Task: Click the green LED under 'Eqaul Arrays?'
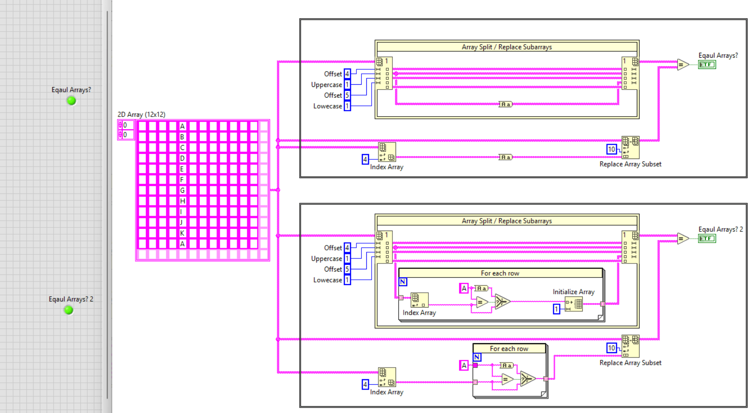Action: (x=71, y=101)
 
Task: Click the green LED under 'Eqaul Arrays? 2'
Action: (x=68, y=310)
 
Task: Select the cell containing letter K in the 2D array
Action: (x=182, y=233)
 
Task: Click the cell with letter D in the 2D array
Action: (x=182, y=158)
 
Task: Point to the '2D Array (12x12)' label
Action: (x=141, y=114)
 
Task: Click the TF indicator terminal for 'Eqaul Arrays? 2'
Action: (x=707, y=239)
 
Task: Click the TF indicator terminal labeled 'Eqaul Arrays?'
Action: (x=707, y=65)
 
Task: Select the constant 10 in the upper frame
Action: (x=611, y=149)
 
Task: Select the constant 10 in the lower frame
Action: (x=611, y=348)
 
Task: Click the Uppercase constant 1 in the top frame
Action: (x=347, y=85)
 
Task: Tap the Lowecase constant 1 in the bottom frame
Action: (x=347, y=280)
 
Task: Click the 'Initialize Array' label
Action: (x=573, y=292)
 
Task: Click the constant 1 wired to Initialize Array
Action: (x=556, y=309)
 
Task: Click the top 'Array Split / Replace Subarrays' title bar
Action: (x=507, y=47)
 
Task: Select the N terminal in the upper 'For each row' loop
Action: (x=403, y=281)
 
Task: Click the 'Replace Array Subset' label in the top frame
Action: (x=630, y=164)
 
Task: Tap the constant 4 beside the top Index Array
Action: (x=365, y=159)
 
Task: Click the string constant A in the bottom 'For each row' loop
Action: (x=464, y=365)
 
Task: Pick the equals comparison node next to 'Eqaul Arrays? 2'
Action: (x=682, y=239)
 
